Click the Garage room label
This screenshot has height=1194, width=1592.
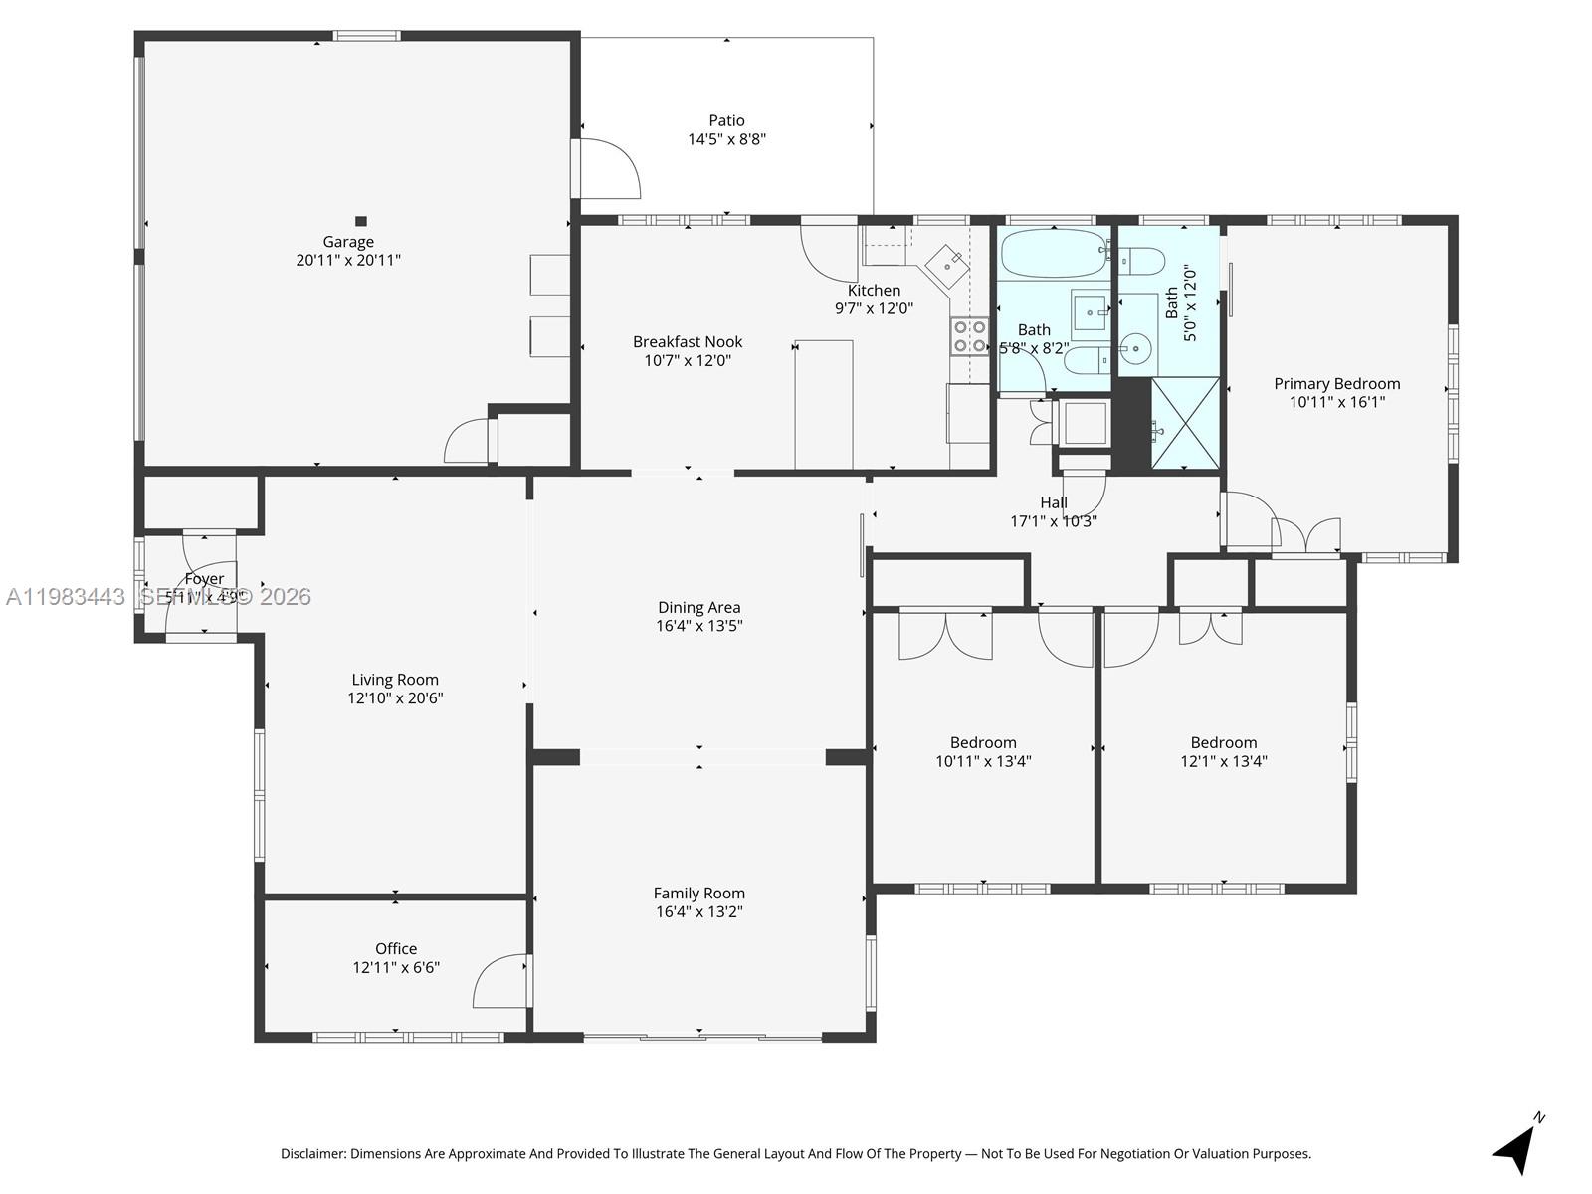click(348, 242)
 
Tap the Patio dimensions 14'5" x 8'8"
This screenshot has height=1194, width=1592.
click(726, 139)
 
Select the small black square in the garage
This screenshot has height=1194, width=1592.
click(361, 221)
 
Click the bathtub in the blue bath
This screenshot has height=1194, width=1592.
click(1053, 254)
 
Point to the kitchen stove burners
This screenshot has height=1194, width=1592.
click(969, 336)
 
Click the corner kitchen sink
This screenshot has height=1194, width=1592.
click(947, 264)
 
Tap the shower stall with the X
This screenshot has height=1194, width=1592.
click(1185, 423)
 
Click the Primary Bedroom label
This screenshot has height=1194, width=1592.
click(1336, 384)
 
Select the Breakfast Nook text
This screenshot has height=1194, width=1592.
click(688, 342)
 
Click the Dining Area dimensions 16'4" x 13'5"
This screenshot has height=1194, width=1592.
click(698, 626)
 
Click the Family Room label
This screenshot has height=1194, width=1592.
click(698, 894)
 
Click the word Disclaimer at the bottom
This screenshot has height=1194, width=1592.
click(312, 1154)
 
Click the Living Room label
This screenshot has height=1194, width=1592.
click(395, 681)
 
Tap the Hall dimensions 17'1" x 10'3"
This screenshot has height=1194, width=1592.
click(1054, 521)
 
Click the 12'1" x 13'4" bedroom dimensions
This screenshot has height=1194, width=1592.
click(1223, 762)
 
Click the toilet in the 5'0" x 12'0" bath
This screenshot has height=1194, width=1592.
click(1142, 262)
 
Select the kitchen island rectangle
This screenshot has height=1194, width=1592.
click(824, 403)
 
